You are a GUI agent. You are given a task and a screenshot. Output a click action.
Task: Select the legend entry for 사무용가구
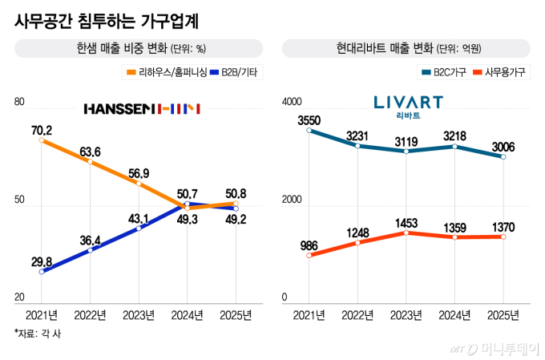click(502, 74)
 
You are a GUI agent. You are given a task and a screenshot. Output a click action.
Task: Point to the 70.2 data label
click(42, 129)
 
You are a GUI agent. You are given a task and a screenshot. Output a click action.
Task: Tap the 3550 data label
click(309, 120)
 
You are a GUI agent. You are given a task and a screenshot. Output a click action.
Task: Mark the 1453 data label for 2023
click(406, 220)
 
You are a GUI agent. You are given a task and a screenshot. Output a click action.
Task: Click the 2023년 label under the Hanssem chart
click(139, 314)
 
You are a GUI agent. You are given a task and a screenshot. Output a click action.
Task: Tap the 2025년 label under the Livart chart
click(503, 314)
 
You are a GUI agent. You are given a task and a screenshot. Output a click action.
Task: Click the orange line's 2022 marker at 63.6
click(91, 162)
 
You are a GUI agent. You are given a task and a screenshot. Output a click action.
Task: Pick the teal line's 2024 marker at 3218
click(454, 146)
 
